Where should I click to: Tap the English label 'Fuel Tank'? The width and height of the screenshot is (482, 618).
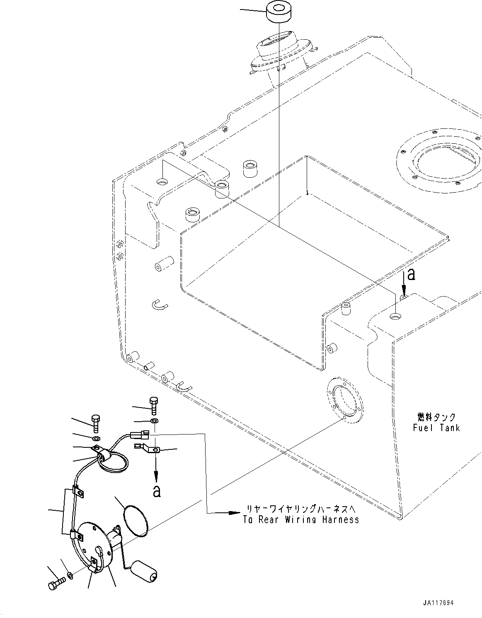coord(436,427)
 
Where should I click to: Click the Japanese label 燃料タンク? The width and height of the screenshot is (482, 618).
coord(436,417)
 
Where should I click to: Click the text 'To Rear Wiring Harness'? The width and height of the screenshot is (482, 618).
coord(301,519)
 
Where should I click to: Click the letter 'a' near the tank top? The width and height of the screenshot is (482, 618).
coord(411,274)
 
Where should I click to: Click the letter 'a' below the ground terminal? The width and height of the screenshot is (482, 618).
coord(156,491)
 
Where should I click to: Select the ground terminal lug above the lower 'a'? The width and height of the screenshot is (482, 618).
coord(145,448)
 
